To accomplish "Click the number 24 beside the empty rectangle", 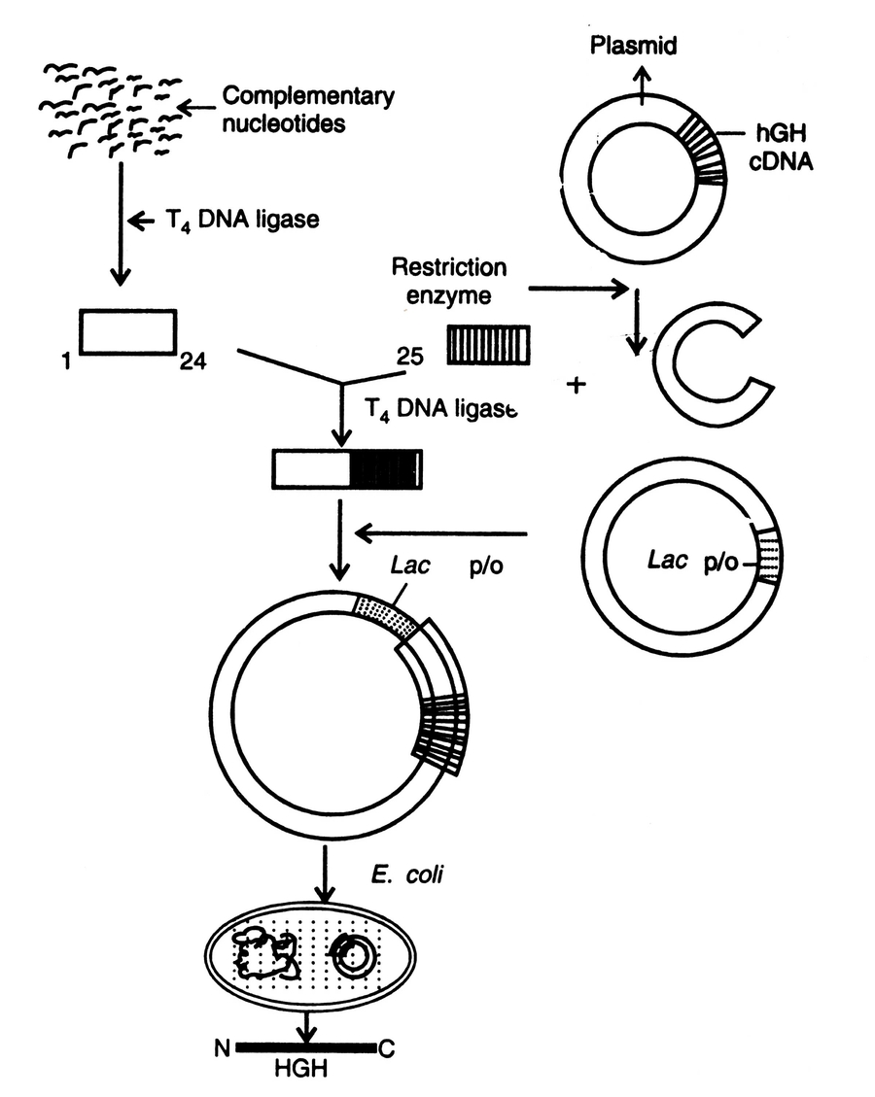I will pyautogui.click(x=191, y=363).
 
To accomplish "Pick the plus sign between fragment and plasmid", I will pyautogui.click(x=578, y=385).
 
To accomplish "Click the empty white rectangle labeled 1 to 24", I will pyautogui.click(x=127, y=333).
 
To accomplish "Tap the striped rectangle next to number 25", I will pyautogui.click(x=489, y=345).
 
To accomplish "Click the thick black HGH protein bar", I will pyautogui.click(x=304, y=1048).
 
